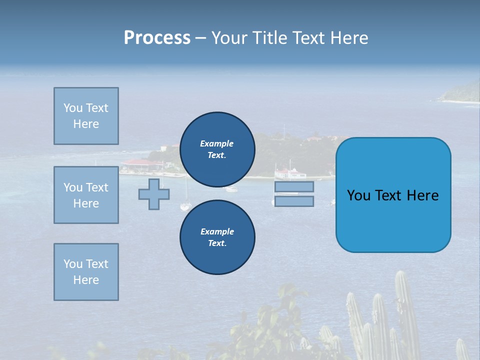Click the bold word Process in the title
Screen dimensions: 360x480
157,38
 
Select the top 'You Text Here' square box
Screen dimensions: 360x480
86,116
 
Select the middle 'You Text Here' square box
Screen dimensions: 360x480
86,195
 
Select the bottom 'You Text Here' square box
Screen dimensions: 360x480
86,271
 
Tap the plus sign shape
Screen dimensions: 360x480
154,194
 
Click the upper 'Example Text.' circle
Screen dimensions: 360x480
217,149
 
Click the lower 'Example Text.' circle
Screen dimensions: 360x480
217,237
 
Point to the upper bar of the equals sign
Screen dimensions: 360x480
294,187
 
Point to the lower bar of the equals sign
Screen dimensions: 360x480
294,201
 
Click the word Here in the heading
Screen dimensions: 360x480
350,38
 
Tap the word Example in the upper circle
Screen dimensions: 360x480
216,144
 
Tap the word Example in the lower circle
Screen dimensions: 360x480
217,231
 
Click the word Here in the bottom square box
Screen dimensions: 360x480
86,280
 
